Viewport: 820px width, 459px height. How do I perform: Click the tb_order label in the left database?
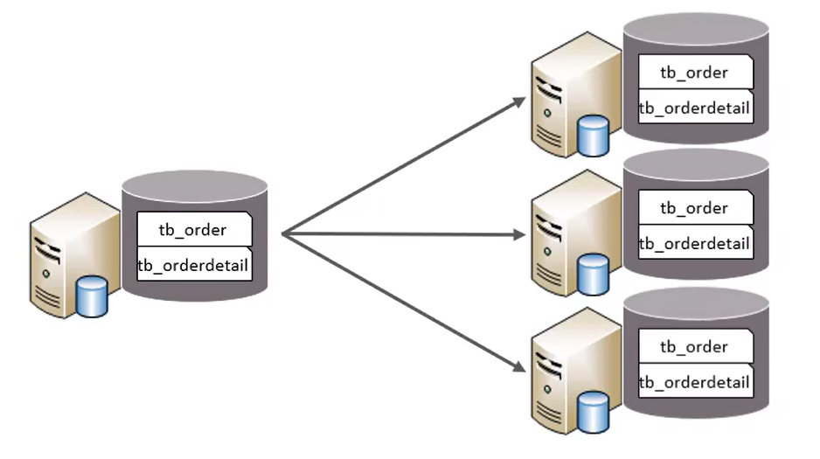193,230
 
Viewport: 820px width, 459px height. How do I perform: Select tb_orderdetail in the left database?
194,265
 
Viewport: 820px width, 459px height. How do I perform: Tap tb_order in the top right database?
694,72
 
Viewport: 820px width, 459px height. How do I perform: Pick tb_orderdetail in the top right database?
694,107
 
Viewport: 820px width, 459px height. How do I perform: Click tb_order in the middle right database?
694,208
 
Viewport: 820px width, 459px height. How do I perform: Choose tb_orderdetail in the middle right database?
694,243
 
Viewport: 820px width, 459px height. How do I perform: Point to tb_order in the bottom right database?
694,346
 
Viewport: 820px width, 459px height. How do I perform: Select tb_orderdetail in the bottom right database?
694,382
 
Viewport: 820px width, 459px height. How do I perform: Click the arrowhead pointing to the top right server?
519,101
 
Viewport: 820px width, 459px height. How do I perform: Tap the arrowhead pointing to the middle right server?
519,234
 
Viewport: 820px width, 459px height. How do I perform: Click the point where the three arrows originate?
284,233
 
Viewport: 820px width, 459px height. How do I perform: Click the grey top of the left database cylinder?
194,186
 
